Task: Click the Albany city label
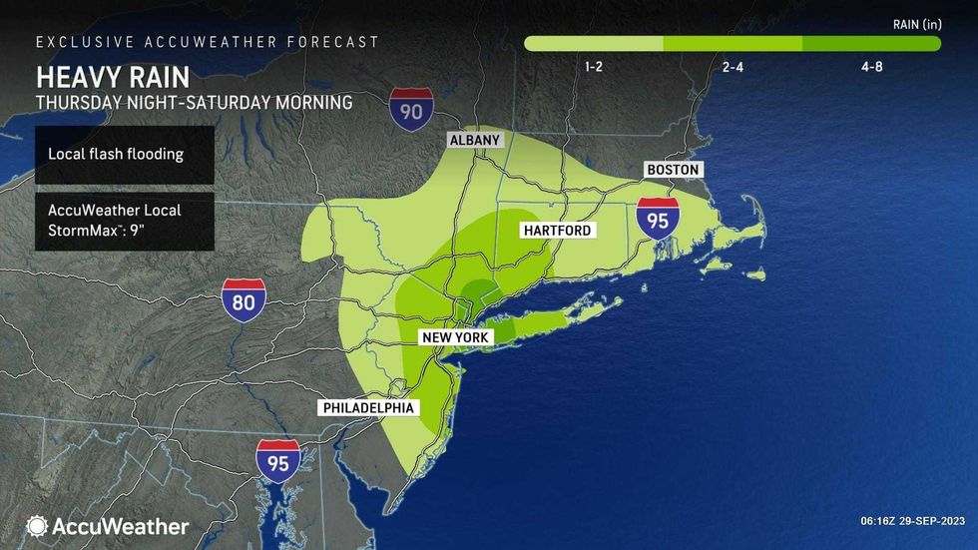point(474,140)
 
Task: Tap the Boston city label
point(673,170)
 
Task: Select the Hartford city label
point(558,231)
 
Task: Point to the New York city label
point(455,338)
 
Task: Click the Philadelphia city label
point(367,407)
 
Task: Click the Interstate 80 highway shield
point(244,300)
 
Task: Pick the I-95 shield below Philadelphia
point(278,461)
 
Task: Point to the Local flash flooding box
point(124,155)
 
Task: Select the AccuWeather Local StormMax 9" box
point(124,221)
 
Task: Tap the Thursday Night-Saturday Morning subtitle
point(195,102)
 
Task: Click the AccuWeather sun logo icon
point(37,526)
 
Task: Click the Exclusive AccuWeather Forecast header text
point(208,42)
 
